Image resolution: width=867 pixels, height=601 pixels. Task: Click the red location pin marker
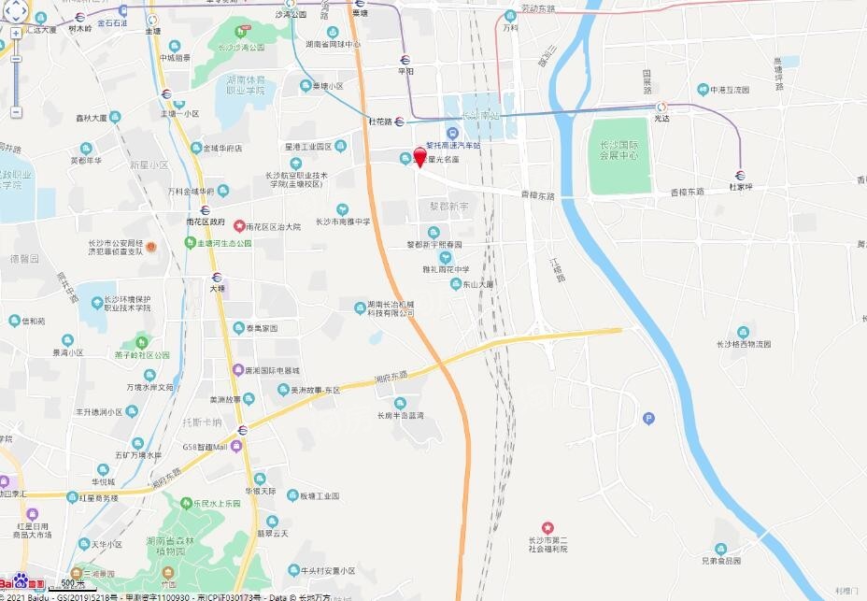tap(419, 157)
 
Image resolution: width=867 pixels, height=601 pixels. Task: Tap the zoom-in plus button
tap(16, 33)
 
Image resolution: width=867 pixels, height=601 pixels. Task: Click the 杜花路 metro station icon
tap(399, 121)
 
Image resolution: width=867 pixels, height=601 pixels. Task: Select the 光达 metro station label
tap(661, 119)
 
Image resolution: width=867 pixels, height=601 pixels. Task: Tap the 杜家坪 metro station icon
tap(740, 174)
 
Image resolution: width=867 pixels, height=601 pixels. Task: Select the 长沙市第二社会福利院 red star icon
tap(547, 529)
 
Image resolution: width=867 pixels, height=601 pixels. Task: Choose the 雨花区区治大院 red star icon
tap(239, 226)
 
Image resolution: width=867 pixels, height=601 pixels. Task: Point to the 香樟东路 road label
tap(687, 192)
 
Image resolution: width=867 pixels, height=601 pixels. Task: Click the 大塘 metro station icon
tap(217, 277)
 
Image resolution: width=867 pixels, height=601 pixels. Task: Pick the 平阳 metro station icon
tap(405, 57)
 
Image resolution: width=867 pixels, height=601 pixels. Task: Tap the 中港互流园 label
tap(729, 90)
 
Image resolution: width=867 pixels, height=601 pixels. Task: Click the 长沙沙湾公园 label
tap(241, 48)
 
